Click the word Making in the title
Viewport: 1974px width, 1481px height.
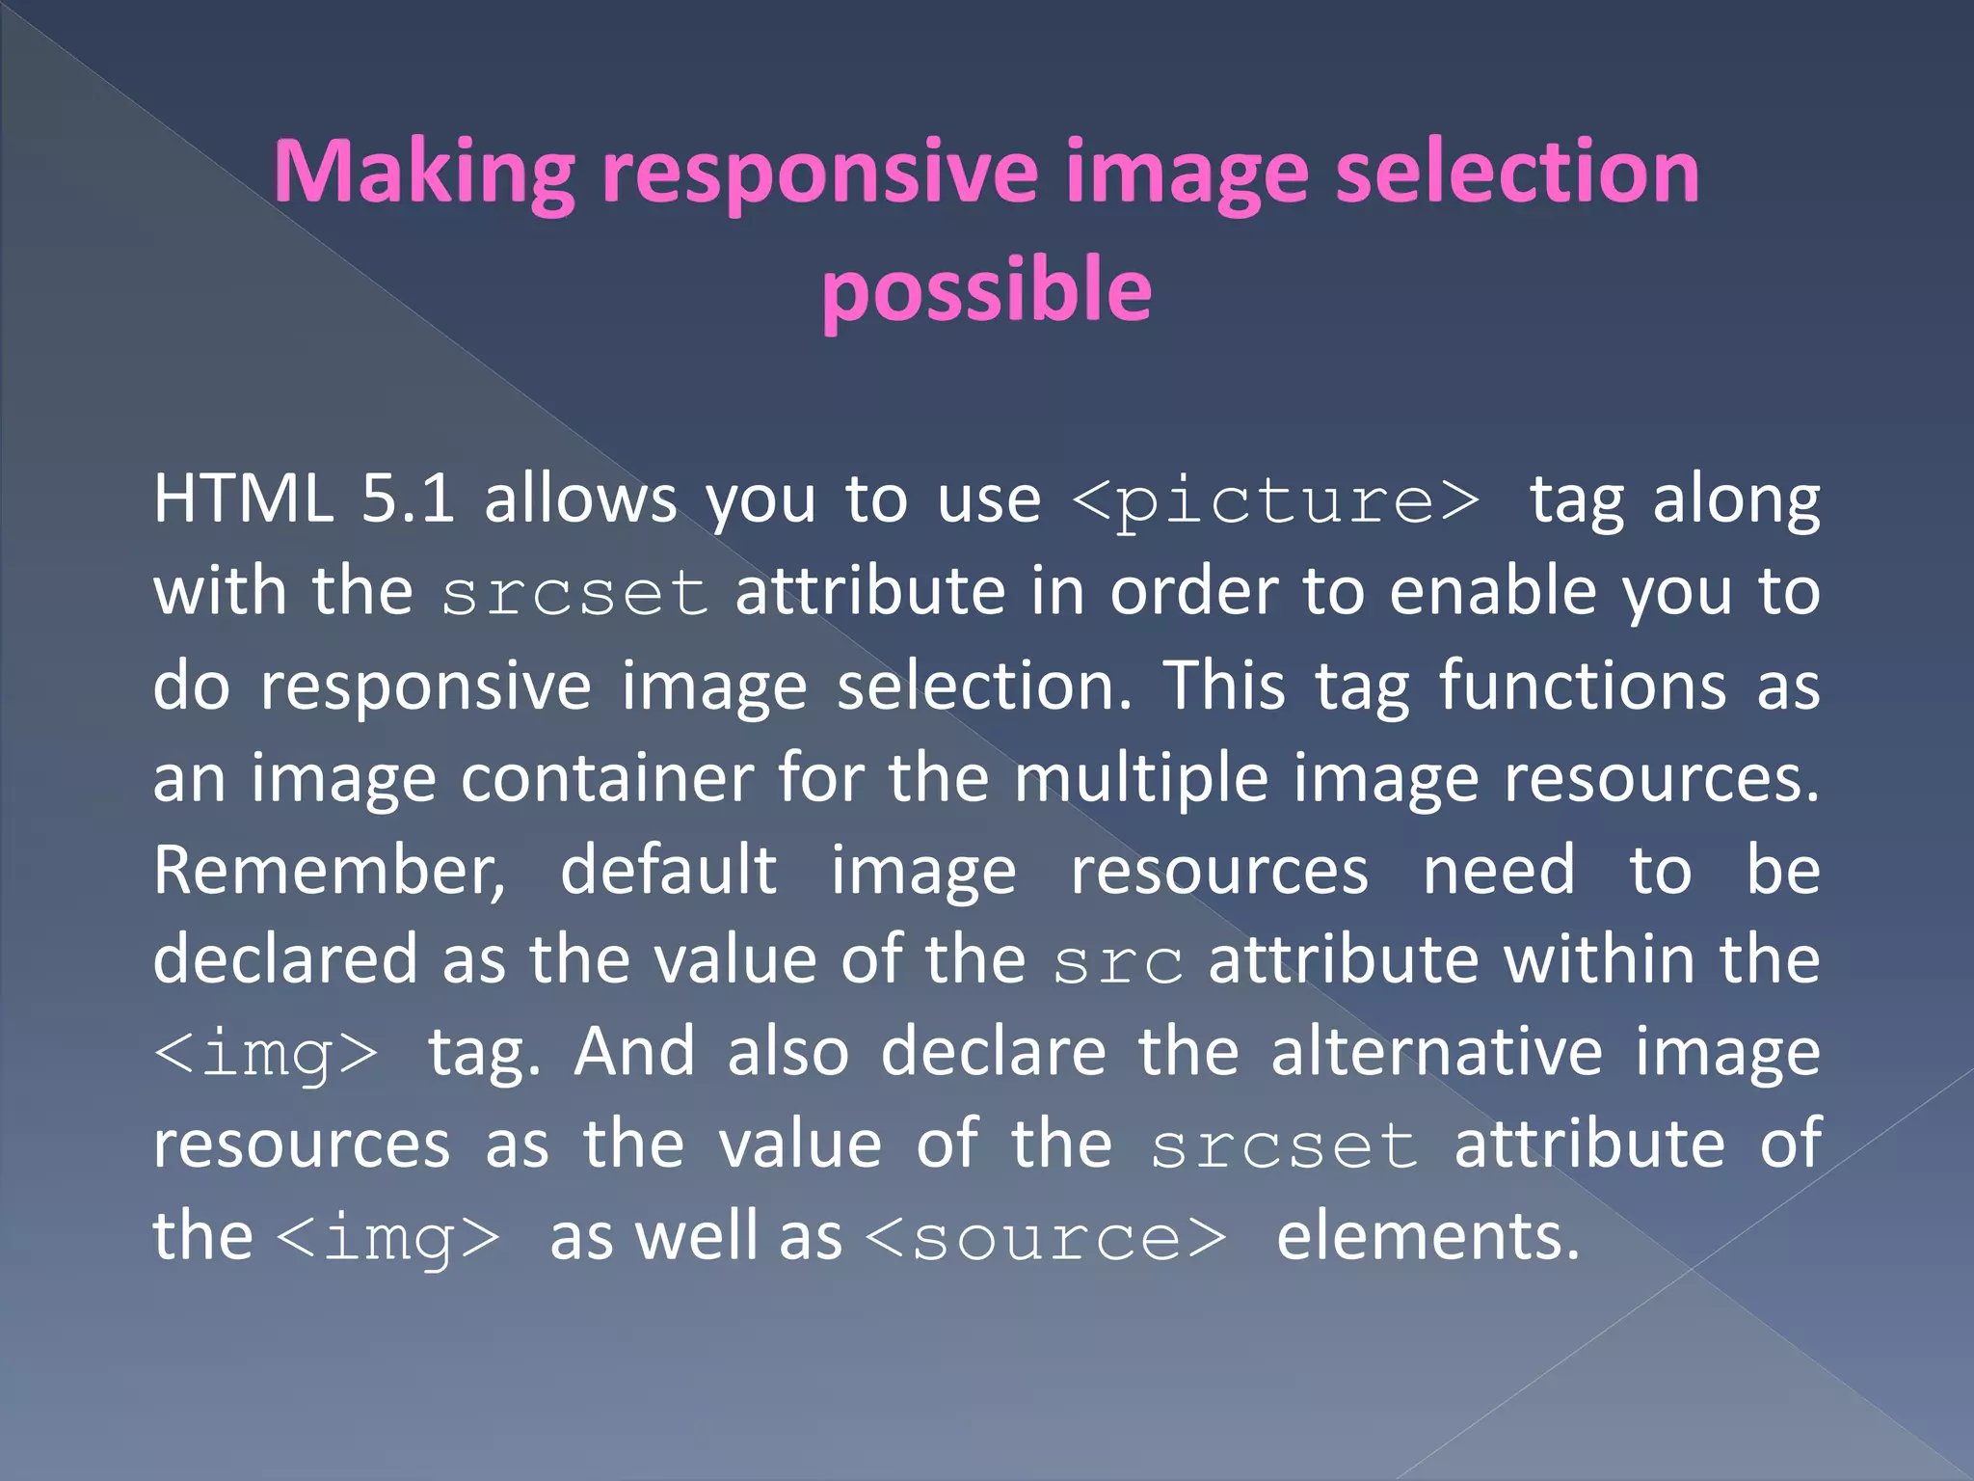424,174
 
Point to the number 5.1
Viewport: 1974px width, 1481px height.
407,499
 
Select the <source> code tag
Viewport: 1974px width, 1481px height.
1046,1238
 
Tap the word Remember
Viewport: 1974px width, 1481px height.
329,871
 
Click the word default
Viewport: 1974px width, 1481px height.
668,871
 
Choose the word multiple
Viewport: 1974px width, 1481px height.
1141,778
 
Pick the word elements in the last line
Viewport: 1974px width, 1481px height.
1427,1236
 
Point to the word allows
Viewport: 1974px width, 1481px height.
580,499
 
